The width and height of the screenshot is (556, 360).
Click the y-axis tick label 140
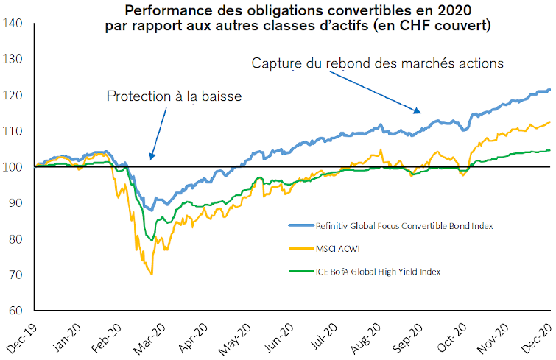[x=15, y=24]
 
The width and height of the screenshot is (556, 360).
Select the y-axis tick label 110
[x=15, y=131]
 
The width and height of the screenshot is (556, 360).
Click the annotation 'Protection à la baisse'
[x=174, y=96]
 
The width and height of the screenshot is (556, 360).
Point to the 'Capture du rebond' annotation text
[x=377, y=64]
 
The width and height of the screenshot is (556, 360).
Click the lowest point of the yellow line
[x=152, y=275]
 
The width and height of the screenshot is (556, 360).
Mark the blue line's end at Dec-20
[x=550, y=90]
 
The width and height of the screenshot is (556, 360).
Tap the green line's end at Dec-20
[x=550, y=150]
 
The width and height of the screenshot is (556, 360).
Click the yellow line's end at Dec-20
[x=550, y=123]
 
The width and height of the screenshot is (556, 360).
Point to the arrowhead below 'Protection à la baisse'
[x=150, y=156]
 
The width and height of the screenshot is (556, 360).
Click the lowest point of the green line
[x=152, y=240]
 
